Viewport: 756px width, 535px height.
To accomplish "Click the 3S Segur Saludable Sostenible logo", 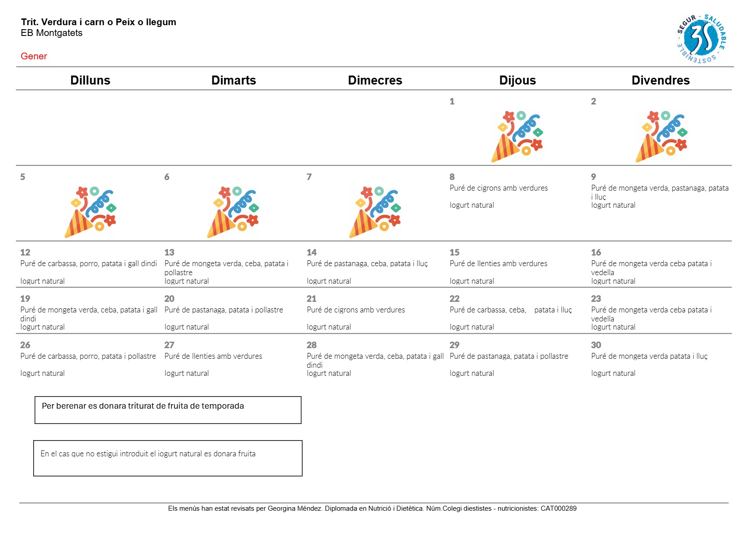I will [702, 39].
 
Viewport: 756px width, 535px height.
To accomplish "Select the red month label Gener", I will [34, 56].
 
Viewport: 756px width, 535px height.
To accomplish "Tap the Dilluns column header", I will [90, 80].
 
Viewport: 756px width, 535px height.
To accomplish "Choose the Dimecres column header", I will [375, 80].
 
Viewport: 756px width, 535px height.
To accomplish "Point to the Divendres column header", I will [660, 80].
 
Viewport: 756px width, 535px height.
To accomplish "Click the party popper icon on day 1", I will [517, 136].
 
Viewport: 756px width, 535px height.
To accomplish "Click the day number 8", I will [452, 177].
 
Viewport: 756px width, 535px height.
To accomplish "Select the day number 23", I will [596, 299].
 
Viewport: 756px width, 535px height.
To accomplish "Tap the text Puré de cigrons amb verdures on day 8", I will [499, 188].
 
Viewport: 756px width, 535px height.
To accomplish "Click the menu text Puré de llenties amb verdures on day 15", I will [498, 263].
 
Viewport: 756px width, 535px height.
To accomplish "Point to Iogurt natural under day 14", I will [329, 281].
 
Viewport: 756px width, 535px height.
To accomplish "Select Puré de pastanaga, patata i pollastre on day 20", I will [224, 310].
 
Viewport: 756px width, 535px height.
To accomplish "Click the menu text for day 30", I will [649, 356].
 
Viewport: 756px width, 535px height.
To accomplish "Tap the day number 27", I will [169, 345].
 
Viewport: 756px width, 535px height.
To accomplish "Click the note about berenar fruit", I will [143, 406].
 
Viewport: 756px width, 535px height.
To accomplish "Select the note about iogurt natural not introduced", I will [148, 454].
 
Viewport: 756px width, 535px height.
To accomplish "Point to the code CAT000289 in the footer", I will [558, 508].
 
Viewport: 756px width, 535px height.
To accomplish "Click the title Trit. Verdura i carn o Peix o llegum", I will [98, 22].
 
